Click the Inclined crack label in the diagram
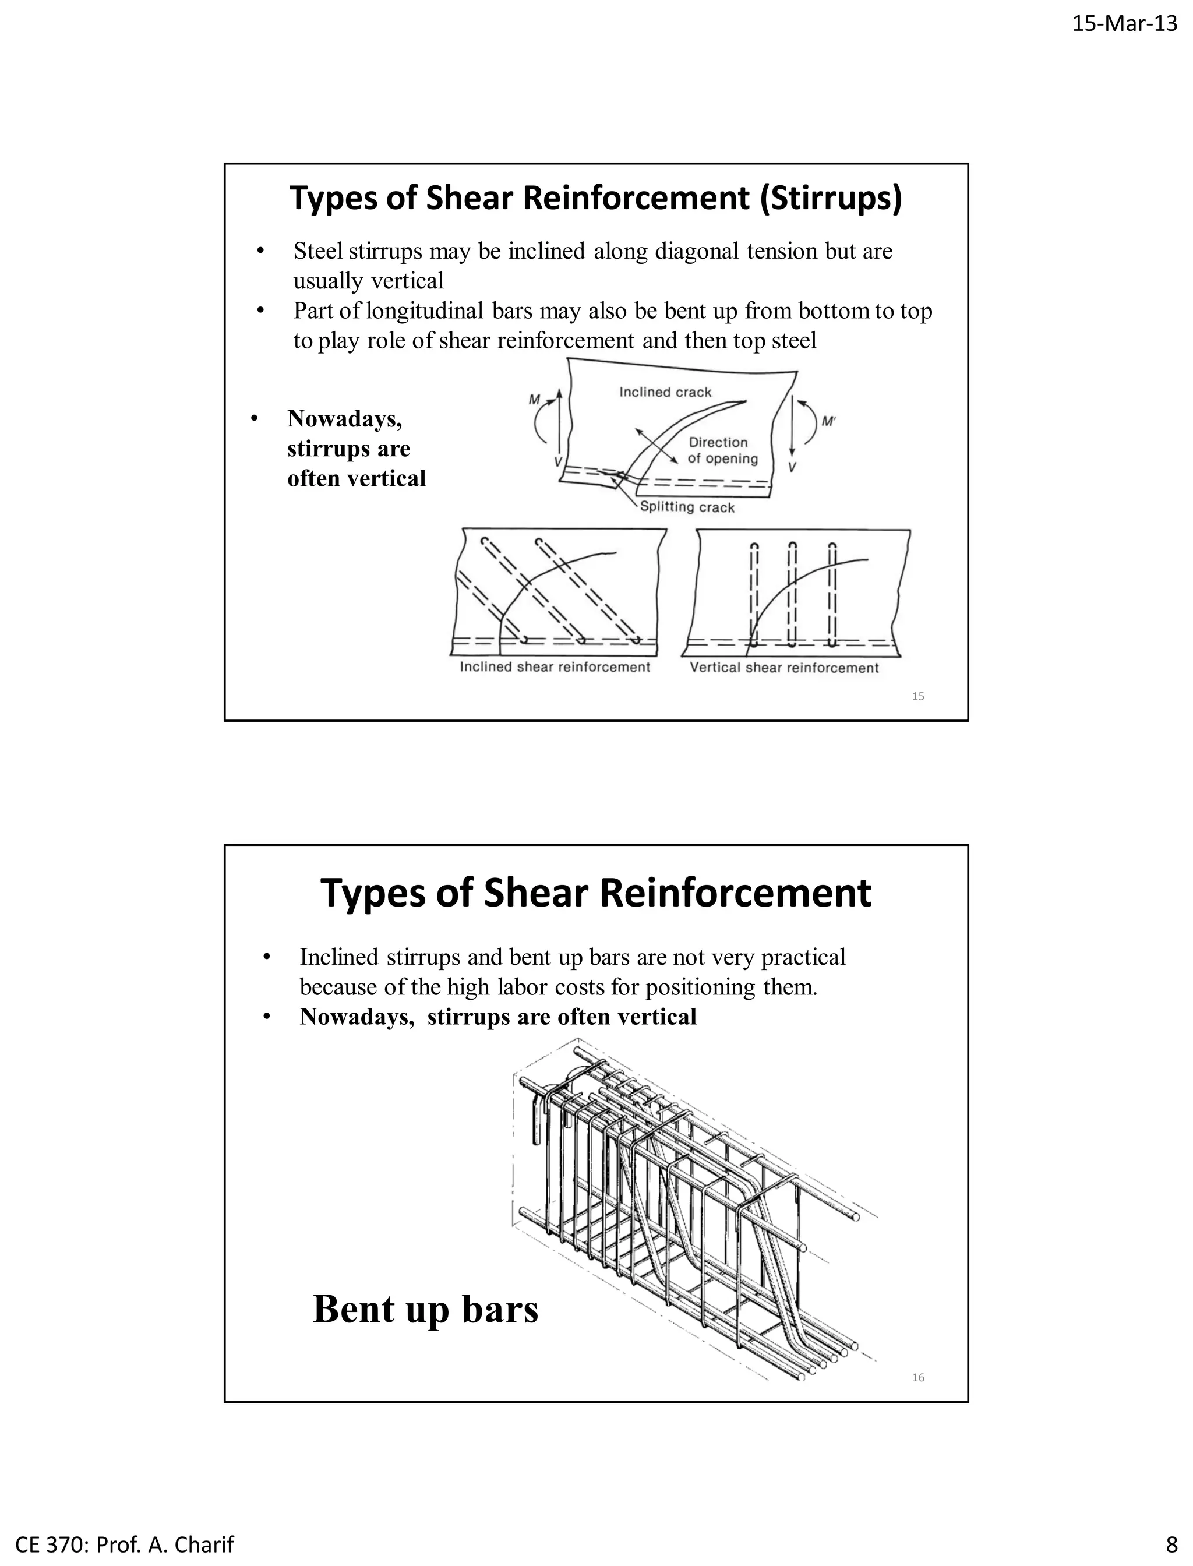tap(665, 392)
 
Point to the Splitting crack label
tap(687, 507)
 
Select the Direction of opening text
tap(722, 450)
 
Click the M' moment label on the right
tap(828, 421)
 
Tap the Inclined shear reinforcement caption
tap(555, 667)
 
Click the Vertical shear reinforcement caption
tap(784, 668)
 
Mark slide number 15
tap(917, 697)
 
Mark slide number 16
tap(917, 1378)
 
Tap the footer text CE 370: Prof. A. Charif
tap(124, 1544)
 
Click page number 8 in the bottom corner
tap(1171, 1544)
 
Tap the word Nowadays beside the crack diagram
tap(344, 419)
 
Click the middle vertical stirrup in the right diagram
tap(792, 595)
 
